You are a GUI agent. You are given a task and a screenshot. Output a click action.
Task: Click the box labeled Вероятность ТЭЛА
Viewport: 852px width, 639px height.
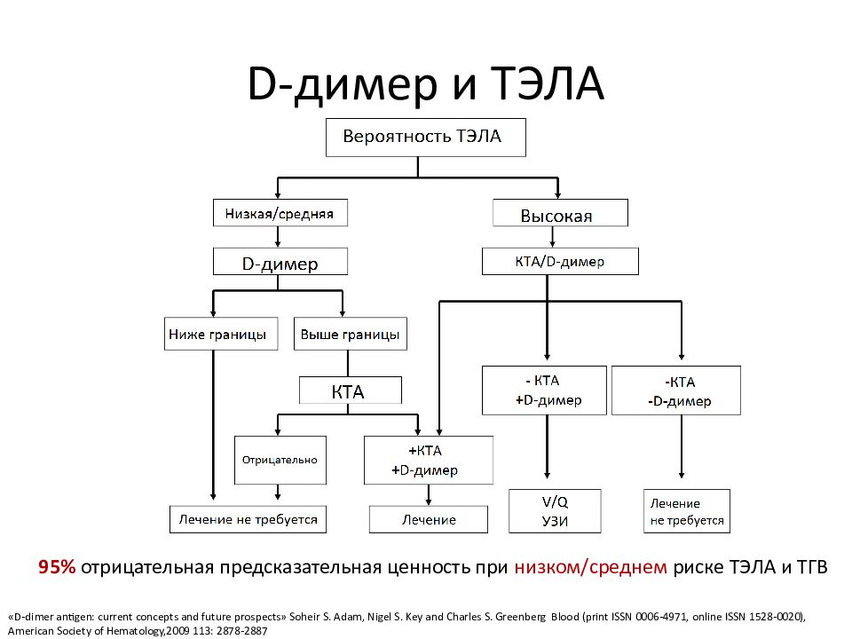(425, 138)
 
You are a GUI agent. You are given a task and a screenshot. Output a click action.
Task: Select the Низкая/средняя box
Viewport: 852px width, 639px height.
(280, 213)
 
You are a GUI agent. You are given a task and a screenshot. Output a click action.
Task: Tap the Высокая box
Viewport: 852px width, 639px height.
(560, 213)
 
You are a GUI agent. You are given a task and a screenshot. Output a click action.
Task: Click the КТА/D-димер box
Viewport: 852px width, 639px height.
(560, 261)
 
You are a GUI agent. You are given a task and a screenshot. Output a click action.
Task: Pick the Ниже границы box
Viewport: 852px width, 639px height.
(221, 334)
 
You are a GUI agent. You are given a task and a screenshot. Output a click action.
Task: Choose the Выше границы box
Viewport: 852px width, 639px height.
(351, 334)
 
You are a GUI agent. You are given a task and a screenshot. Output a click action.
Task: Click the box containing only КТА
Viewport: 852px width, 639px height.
(351, 390)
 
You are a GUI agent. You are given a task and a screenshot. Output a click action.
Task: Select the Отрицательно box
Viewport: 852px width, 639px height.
(280, 461)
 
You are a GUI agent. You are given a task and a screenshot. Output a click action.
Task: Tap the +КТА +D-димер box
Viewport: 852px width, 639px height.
(429, 461)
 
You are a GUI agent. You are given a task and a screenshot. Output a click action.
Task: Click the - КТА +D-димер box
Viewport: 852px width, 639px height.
(544, 390)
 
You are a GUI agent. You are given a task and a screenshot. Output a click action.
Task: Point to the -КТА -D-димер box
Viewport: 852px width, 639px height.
(676, 390)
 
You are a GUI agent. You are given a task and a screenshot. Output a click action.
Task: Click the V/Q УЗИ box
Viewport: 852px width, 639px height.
(555, 511)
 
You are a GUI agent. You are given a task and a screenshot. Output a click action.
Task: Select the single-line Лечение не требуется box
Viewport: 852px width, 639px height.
(248, 519)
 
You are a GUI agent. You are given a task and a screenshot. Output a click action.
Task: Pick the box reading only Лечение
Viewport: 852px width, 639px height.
(429, 519)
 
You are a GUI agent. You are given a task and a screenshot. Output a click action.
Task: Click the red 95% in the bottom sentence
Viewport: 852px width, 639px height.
(57, 567)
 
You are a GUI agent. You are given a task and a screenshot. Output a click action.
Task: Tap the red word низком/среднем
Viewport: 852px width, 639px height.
(591, 567)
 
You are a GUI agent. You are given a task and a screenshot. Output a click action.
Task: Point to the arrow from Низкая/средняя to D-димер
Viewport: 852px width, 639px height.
(278, 237)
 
